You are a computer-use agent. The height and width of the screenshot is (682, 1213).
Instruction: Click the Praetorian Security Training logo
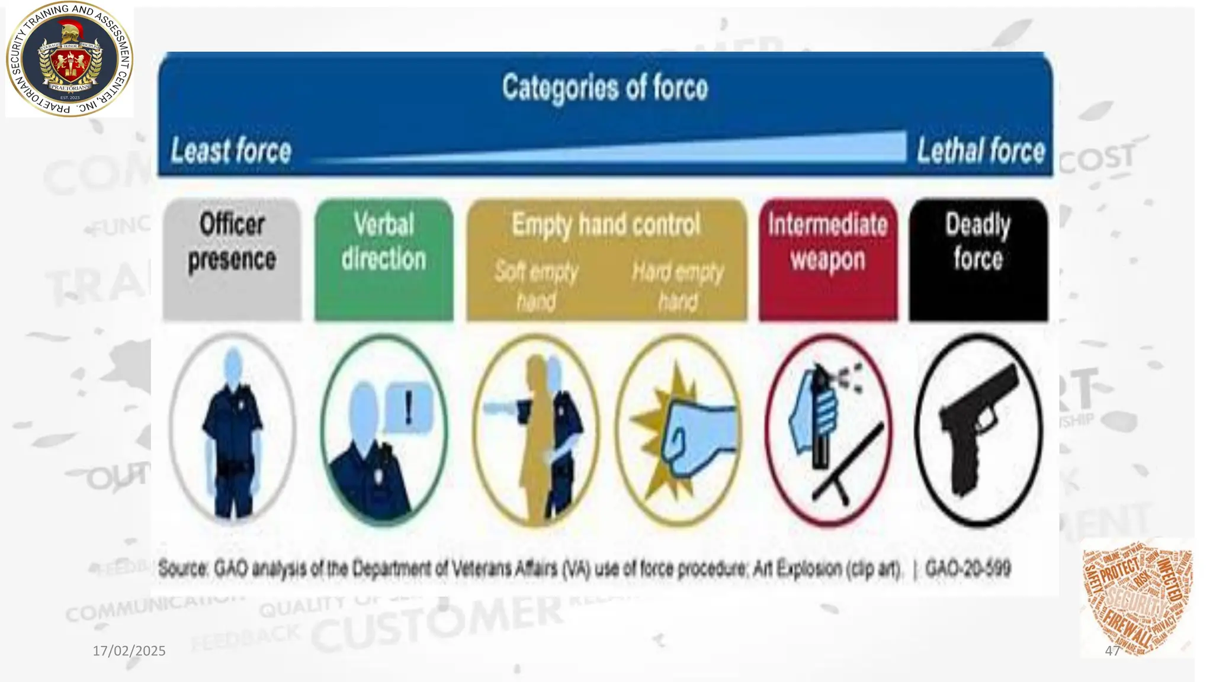coord(69,59)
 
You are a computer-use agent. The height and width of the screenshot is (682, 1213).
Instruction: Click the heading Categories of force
coord(605,88)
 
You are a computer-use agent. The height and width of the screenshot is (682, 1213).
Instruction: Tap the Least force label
coord(231,150)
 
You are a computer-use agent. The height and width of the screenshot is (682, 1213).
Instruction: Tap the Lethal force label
coord(981,150)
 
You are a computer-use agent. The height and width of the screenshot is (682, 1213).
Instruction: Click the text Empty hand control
coord(606,225)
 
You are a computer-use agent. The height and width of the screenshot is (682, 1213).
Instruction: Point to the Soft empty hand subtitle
coord(536,287)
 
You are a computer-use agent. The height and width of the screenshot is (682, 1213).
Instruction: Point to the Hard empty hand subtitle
coord(678,287)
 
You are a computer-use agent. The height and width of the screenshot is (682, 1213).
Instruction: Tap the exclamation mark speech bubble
coord(409,408)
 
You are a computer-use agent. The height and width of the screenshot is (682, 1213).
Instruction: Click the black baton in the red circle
coord(847,462)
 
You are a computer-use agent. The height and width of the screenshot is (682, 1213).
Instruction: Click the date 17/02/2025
coord(129,651)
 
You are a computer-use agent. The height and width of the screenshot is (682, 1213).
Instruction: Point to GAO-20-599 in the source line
coord(968,569)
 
